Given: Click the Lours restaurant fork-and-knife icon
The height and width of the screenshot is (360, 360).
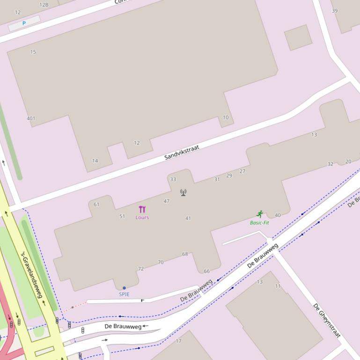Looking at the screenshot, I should (x=142, y=209).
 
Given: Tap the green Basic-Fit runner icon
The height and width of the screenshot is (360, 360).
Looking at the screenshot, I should (x=260, y=214).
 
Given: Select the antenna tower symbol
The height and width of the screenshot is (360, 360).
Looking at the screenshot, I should (x=184, y=192).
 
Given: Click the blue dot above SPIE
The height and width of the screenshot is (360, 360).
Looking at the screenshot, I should (x=124, y=288).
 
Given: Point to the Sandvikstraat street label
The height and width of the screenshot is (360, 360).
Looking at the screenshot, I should (x=182, y=152).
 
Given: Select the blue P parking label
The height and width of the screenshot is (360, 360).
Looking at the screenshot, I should (x=24, y=23).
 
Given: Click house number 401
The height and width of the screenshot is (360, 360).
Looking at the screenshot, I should (x=31, y=118).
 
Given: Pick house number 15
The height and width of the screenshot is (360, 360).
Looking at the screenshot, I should (x=33, y=52).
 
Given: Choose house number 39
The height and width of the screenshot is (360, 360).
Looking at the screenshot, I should (x=335, y=11).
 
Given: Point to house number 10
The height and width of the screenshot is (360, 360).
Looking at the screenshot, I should (x=226, y=117).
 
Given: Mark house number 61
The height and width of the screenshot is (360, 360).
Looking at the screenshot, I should (x=96, y=204).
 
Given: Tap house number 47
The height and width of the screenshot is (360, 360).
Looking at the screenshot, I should (x=167, y=201).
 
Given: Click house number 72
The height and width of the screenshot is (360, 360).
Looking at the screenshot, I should (x=141, y=269).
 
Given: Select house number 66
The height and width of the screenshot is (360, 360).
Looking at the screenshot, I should (x=206, y=271).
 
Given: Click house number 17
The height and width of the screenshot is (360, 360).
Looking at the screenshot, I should (x=178, y=341).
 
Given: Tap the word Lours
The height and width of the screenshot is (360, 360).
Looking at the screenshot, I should (x=142, y=217).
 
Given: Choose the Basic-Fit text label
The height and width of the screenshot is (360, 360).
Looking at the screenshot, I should (x=259, y=223).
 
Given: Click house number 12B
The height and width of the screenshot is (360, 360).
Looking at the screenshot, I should (x=44, y=5).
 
